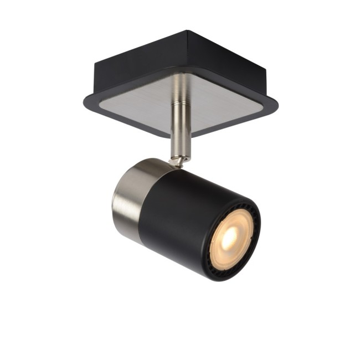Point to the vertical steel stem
point(180,119)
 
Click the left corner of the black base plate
point(85,101)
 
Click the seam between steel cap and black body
point(145,202)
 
